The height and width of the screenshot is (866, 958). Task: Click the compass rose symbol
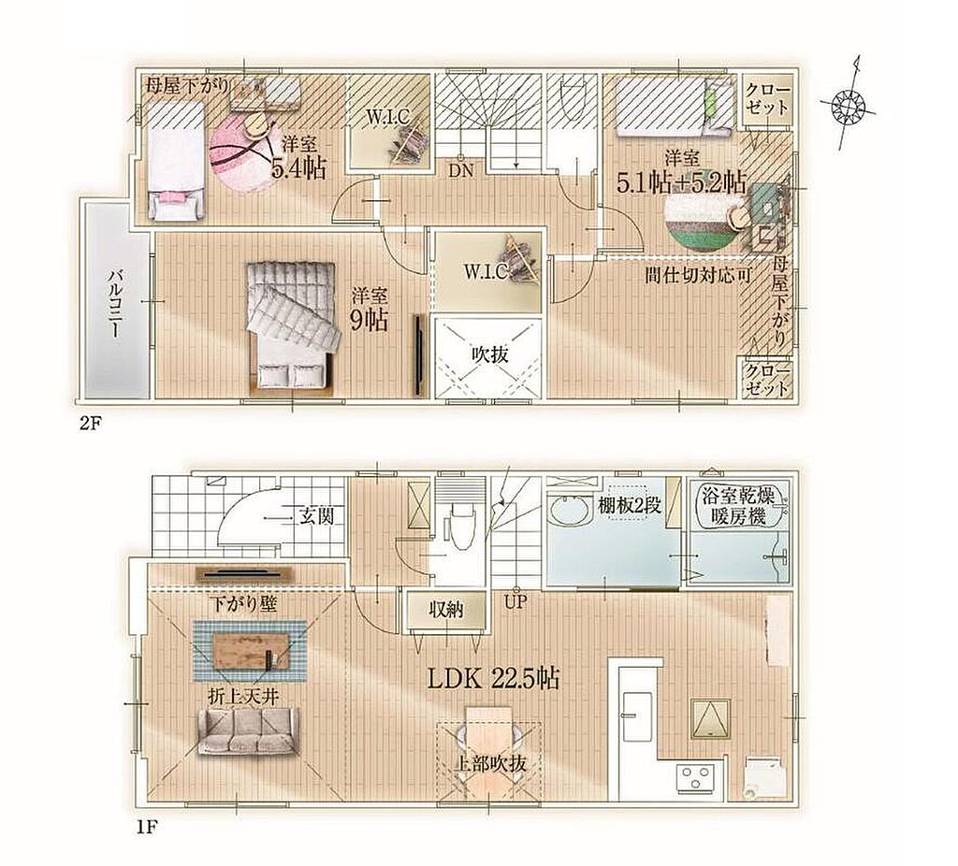tap(849, 105)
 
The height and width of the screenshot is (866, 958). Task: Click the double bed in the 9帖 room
tap(292, 325)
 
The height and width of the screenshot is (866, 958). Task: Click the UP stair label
tap(515, 604)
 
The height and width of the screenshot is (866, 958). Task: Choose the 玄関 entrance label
tap(316, 516)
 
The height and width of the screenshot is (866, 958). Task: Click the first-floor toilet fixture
tap(458, 524)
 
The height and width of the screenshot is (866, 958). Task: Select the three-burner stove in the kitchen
tap(695, 779)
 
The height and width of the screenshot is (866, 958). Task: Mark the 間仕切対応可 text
tap(698, 275)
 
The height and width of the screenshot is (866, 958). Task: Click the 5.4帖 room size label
tap(298, 167)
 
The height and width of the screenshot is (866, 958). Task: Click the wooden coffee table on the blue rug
tap(251, 650)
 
